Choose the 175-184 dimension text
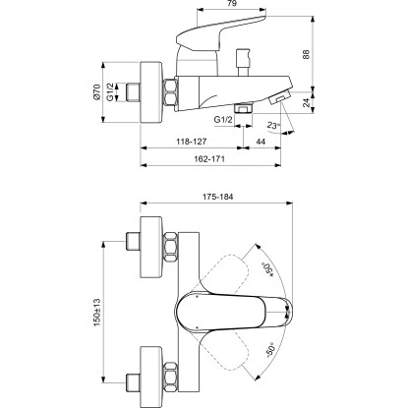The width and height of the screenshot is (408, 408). [x=218, y=194]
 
